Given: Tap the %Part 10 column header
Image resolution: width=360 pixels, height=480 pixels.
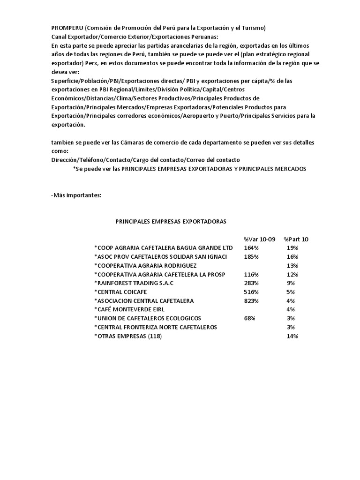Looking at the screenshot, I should [x=296, y=239].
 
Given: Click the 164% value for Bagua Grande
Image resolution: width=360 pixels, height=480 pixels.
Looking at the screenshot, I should [x=251, y=247].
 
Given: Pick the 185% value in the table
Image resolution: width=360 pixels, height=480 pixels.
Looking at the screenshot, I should [x=251, y=256].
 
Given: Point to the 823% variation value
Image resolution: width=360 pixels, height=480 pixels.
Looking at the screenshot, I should [x=251, y=300].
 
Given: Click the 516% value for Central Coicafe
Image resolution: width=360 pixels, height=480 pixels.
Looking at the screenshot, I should [x=251, y=292].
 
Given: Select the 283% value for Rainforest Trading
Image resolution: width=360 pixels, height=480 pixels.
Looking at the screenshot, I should [x=251, y=283].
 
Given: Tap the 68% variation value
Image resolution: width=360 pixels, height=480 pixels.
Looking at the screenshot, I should [x=249, y=318].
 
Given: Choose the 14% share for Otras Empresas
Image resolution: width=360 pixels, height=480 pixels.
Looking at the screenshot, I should [x=292, y=336].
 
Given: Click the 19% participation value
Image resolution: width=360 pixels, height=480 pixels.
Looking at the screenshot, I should [x=292, y=247].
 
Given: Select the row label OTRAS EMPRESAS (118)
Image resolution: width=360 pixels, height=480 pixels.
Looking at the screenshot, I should [x=128, y=336].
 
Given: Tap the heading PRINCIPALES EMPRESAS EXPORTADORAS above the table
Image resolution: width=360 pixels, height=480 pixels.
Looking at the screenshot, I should [x=171, y=221].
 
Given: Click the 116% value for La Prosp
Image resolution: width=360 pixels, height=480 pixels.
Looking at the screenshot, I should [x=251, y=274].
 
